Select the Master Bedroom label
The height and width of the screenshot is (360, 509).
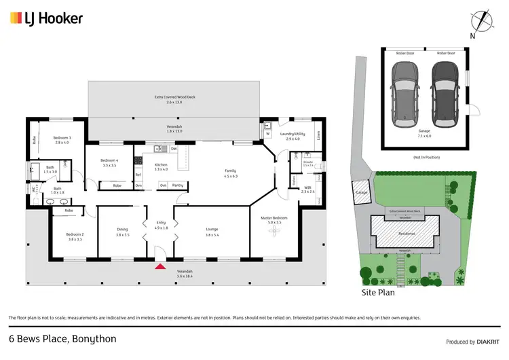(x=274, y=218)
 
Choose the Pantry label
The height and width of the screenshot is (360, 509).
(x=177, y=185)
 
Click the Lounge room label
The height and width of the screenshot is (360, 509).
(x=212, y=229)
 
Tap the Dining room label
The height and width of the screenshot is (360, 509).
(x=121, y=229)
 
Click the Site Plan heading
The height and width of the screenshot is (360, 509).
(x=378, y=293)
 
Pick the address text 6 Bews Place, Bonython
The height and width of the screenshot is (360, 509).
(x=62, y=338)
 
